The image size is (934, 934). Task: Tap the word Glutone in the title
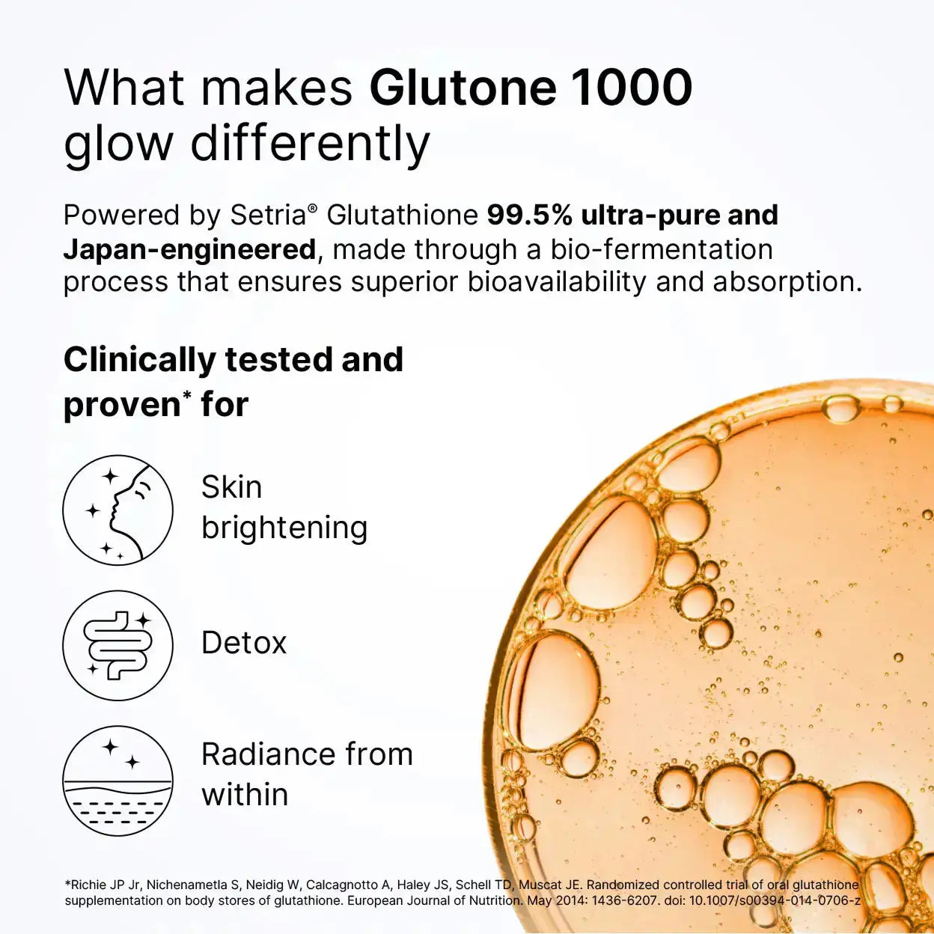pyautogui.click(x=463, y=88)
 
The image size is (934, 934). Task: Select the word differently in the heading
pyautogui.click(x=310, y=144)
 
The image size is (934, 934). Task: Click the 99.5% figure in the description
pyautogui.click(x=530, y=216)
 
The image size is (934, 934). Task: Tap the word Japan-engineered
pyautogui.click(x=189, y=249)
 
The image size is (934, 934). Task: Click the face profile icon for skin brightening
pyautogui.click(x=117, y=510)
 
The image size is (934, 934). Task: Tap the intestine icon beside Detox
pyautogui.click(x=117, y=645)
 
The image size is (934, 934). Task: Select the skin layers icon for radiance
pyautogui.click(x=117, y=781)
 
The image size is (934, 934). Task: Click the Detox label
pyautogui.click(x=244, y=643)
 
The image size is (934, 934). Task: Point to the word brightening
pyautogui.click(x=284, y=528)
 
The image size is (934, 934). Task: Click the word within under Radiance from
pyautogui.click(x=245, y=795)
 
